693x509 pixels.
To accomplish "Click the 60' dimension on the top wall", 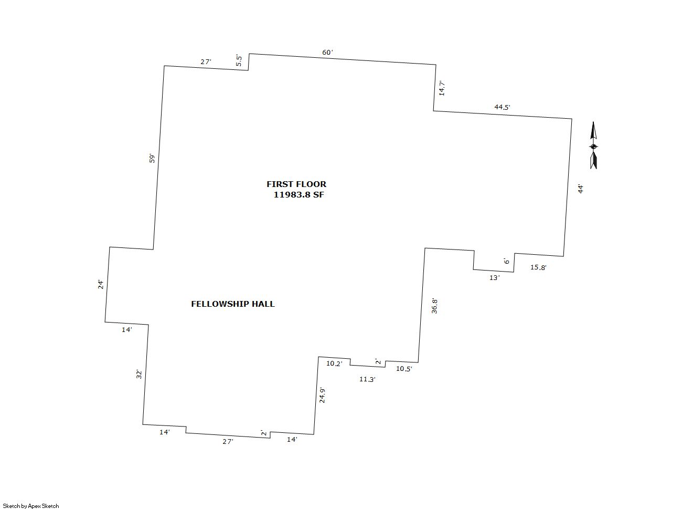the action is pyautogui.click(x=327, y=53).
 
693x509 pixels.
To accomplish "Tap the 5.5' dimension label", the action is pyautogui.click(x=239, y=60).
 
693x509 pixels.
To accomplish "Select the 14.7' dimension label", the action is pyautogui.click(x=442, y=88).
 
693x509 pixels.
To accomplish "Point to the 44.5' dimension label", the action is pyautogui.click(x=502, y=107).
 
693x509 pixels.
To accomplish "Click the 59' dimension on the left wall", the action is pyautogui.click(x=152, y=158).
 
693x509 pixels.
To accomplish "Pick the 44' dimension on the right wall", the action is pyautogui.click(x=580, y=189).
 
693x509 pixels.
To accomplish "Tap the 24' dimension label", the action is pyautogui.click(x=101, y=284).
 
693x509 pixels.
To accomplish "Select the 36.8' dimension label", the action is pyautogui.click(x=434, y=306).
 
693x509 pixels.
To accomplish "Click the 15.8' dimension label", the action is pyautogui.click(x=538, y=267).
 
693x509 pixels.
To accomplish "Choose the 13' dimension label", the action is pyautogui.click(x=494, y=278).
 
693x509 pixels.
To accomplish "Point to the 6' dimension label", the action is pyautogui.click(x=506, y=261).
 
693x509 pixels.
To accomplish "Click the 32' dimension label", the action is pyautogui.click(x=139, y=374).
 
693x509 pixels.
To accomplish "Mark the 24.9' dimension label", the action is pyautogui.click(x=322, y=396).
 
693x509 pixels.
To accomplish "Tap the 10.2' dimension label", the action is pyautogui.click(x=334, y=363).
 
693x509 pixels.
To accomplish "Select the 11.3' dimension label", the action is pyautogui.click(x=367, y=379).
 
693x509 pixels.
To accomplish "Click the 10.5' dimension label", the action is pyautogui.click(x=404, y=369).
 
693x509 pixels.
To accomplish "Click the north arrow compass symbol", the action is pyautogui.click(x=593, y=146).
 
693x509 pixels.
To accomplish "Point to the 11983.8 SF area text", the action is pyautogui.click(x=298, y=194).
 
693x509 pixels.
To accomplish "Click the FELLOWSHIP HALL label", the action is pyautogui.click(x=232, y=304).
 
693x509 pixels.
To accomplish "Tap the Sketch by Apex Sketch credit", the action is pyautogui.click(x=30, y=506).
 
